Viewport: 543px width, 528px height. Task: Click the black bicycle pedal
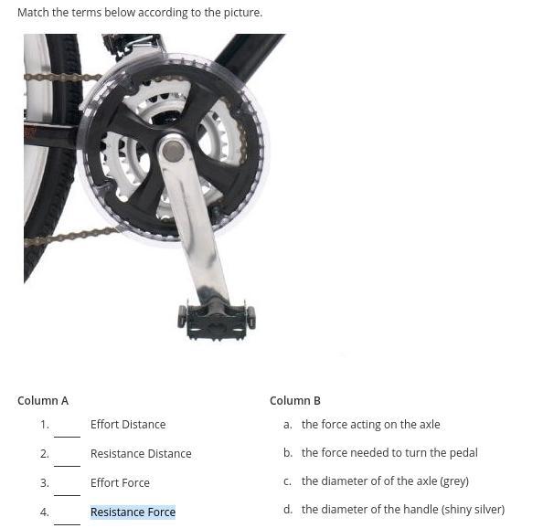(x=217, y=320)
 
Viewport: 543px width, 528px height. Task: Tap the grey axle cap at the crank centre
(x=173, y=151)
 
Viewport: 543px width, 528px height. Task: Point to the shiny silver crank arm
(x=194, y=221)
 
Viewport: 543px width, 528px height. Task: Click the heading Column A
(x=43, y=401)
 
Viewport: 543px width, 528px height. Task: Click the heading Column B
(x=295, y=401)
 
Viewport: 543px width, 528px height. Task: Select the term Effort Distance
(x=128, y=425)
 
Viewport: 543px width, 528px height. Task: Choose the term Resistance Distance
(x=141, y=454)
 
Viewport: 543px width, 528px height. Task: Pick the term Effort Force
(x=120, y=482)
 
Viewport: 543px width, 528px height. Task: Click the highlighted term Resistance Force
(x=133, y=512)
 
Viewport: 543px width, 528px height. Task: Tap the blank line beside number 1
(x=67, y=437)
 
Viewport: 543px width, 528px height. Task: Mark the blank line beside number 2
(x=67, y=466)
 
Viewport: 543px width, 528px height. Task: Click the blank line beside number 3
(x=67, y=495)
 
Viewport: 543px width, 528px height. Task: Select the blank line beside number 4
(x=67, y=524)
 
